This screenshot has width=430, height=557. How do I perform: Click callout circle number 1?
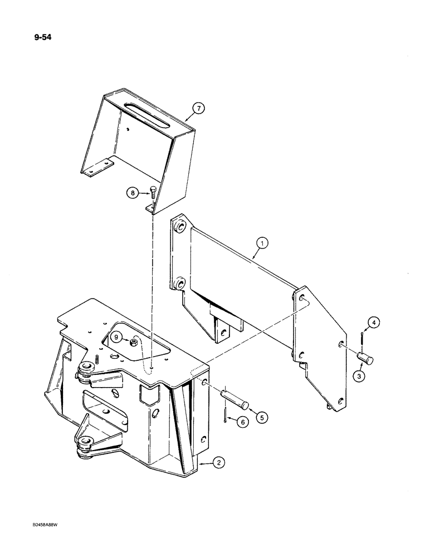pyautogui.click(x=262, y=243)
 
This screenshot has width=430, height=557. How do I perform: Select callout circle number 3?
pyautogui.click(x=360, y=377)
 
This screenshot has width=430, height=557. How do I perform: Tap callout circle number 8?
pyautogui.click(x=133, y=193)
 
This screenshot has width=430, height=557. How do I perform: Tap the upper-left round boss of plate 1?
pyautogui.click(x=179, y=227)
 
